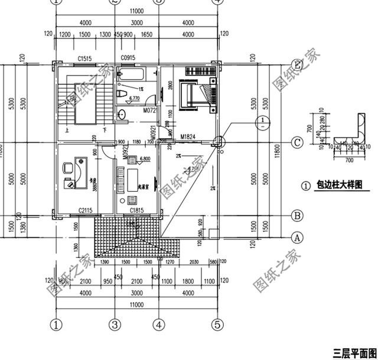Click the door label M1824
pyautogui.click(x=188, y=138)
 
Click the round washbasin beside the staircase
pyautogui.click(x=123, y=114)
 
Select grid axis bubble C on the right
pyautogui.click(x=299, y=142)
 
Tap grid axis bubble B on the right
pyautogui.click(x=299, y=216)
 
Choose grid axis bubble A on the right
pyautogui.click(x=299, y=238)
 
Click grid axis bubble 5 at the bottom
pyautogui.click(x=218, y=324)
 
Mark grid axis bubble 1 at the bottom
pyautogui.click(x=57, y=324)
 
